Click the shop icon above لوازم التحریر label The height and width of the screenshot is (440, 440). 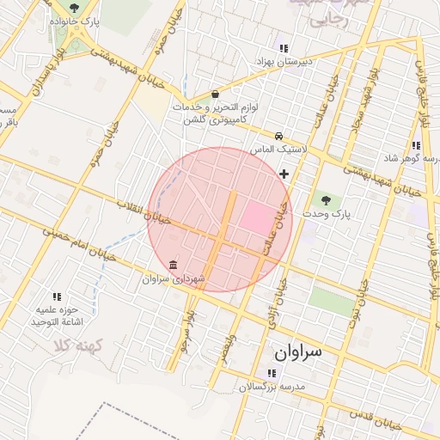pyautogui.click(x=214, y=95)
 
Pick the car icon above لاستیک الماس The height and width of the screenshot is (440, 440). pyautogui.click(x=278, y=136)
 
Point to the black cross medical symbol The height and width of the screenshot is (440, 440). pyautogui.click(x=284, y=174)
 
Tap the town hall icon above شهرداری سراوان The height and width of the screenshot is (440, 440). pyautogui.click(x=174, y=264)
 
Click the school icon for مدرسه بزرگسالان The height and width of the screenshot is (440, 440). pyautogui.click(x=272, y=373)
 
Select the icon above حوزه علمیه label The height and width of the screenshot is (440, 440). pyautogui.click(x=57, y=296)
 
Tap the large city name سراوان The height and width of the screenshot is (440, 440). pyautogui.click(x=296, y=352)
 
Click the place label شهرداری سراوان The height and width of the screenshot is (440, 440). pyautogui.click(x=174, y=279)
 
